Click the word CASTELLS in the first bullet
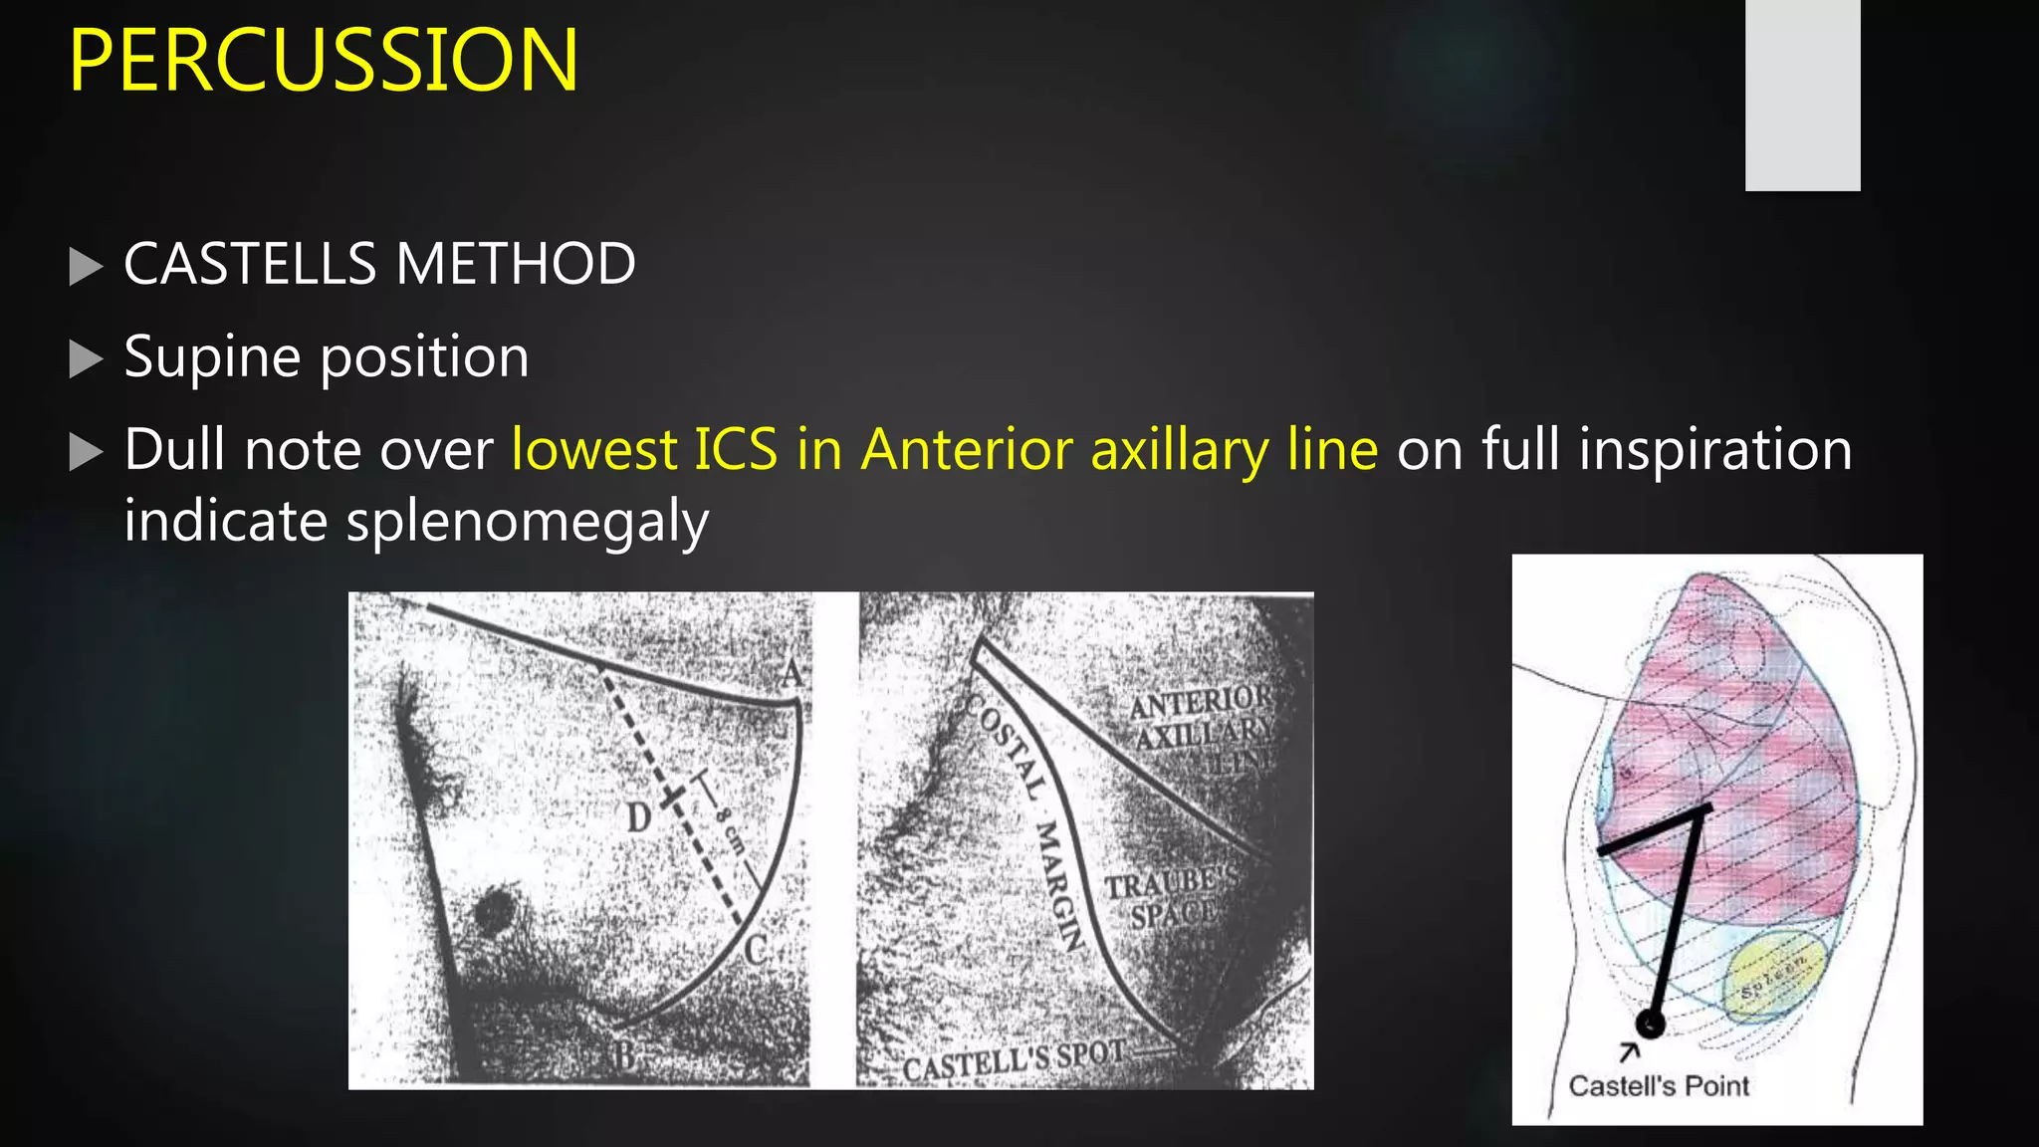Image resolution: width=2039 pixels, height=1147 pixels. pyautogui.click(x=250, y=264)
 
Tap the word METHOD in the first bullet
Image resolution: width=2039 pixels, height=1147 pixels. pyautogui.click(x=515, y=264)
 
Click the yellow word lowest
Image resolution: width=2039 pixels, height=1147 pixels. pyautogui.click(x=593, y=449)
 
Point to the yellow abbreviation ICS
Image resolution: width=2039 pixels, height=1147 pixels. pyautogui.click(x=736, y=449)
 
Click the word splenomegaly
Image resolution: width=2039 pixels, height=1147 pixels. pyautogui.click(x=527, y=522)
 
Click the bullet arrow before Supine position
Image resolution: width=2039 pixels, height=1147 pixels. pyautogui.click(x=87, y=358)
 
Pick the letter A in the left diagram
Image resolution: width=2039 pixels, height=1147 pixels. pyautogui.click(x=792, y=673)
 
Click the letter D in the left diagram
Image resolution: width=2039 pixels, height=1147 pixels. pyautogui.click(x=638, y=817)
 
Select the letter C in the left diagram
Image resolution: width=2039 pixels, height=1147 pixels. pyautogui.click(x=756, y=950)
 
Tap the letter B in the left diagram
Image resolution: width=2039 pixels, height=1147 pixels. pyautogui.click(x=623, y=1054)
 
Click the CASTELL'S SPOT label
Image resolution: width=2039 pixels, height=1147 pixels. pyautogui.click(x=1014, y=1061)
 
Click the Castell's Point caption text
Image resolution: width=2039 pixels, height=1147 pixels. pyautogui.click(x=1658, y=1085)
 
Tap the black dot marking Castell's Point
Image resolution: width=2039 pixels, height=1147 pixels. pyautogui.click(x=1650, y=1023)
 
